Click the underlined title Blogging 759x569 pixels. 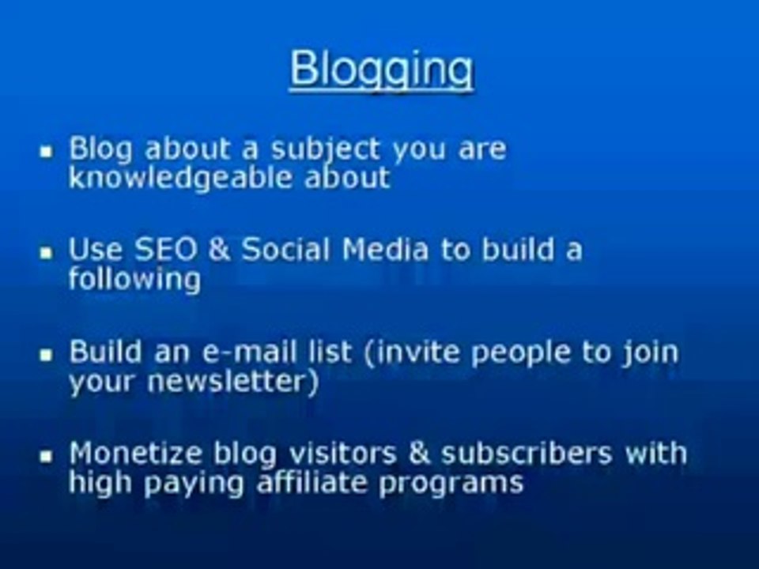click(x=381, y=70)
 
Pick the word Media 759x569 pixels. click(x=386, y=250)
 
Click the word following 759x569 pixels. click(x=134, y=280)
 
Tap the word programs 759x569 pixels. click(x=451, y=482)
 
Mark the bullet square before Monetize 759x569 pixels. click(x=47, y=457)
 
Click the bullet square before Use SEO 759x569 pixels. click(x=47, y=253)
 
